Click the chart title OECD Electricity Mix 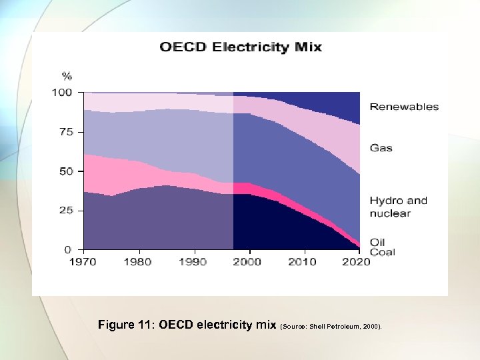[240, 47]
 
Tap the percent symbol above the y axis [67, 75]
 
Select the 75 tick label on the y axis [65, 132]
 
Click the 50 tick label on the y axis [65, 171]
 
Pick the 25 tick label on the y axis [65, 210]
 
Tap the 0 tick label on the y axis [69, 249]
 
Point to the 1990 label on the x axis [193, 262]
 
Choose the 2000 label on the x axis [247, 262]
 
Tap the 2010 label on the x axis [302, 262]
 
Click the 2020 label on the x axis [357, 262]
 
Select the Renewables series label [404, 107]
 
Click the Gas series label [381, 148]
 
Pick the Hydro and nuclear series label [398, 207]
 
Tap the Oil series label [377, 242]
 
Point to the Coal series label [383, 252]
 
